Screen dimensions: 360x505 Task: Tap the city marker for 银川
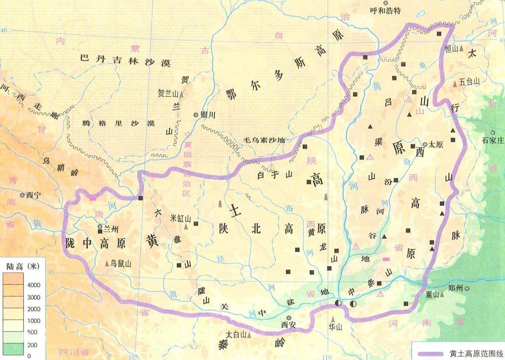tap(196, 115)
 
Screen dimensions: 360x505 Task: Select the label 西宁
tap(34, 195)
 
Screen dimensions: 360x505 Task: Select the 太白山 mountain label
tap(236, 335)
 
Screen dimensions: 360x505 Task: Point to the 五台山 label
tap(470, 82)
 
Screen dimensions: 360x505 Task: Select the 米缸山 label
tap(180, 218)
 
